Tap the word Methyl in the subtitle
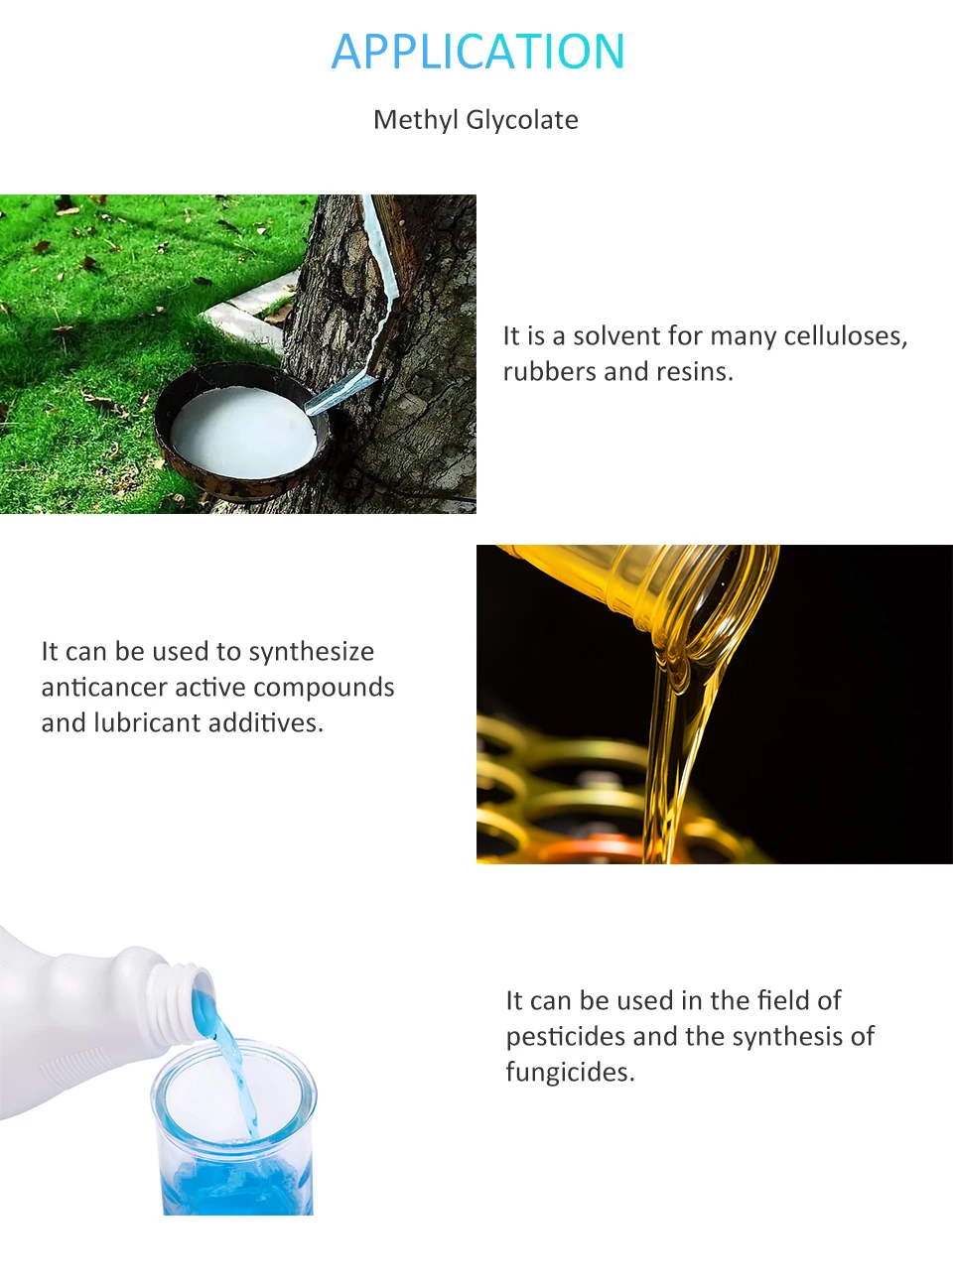pos(416,120)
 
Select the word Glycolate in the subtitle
pos(522,120)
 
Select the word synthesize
pos(312,652)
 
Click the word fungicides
pos(570,1072)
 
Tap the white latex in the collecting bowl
pos(243,432)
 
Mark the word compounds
pos(324,688)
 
